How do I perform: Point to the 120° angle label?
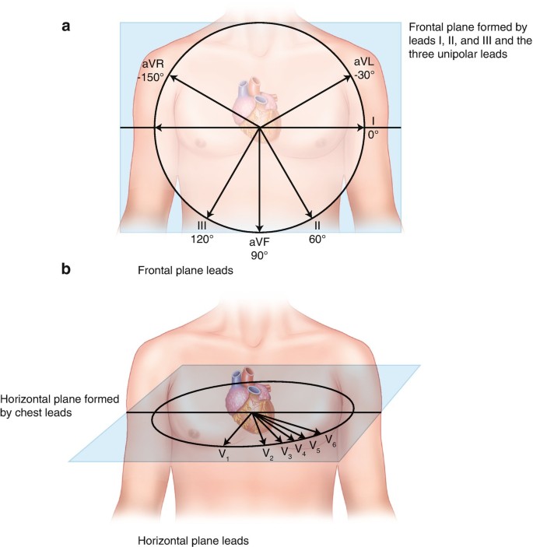pos(202,240)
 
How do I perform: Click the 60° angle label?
pos(317,240)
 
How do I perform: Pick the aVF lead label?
pos(259,243)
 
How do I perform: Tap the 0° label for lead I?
pos(373,134)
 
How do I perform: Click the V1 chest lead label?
pos(223,454)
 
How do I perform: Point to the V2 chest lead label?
pos(268,453)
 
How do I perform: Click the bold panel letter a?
pos(67,26)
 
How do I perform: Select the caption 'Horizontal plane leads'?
pos(192,539)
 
